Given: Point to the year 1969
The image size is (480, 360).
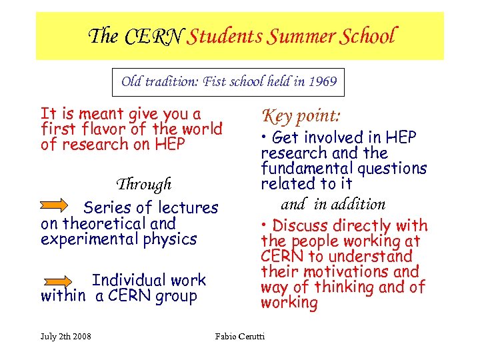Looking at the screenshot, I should tap(323, 82).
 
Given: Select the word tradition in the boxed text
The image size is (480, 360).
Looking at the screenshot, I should tap(167, 82).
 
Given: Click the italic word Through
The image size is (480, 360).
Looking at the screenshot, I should tap(144, 184).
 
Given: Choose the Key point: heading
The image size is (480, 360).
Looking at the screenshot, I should tap(301, 115).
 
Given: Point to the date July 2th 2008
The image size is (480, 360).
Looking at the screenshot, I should tap(66, 335).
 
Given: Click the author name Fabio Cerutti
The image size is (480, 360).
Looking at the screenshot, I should tap(240, 335).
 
